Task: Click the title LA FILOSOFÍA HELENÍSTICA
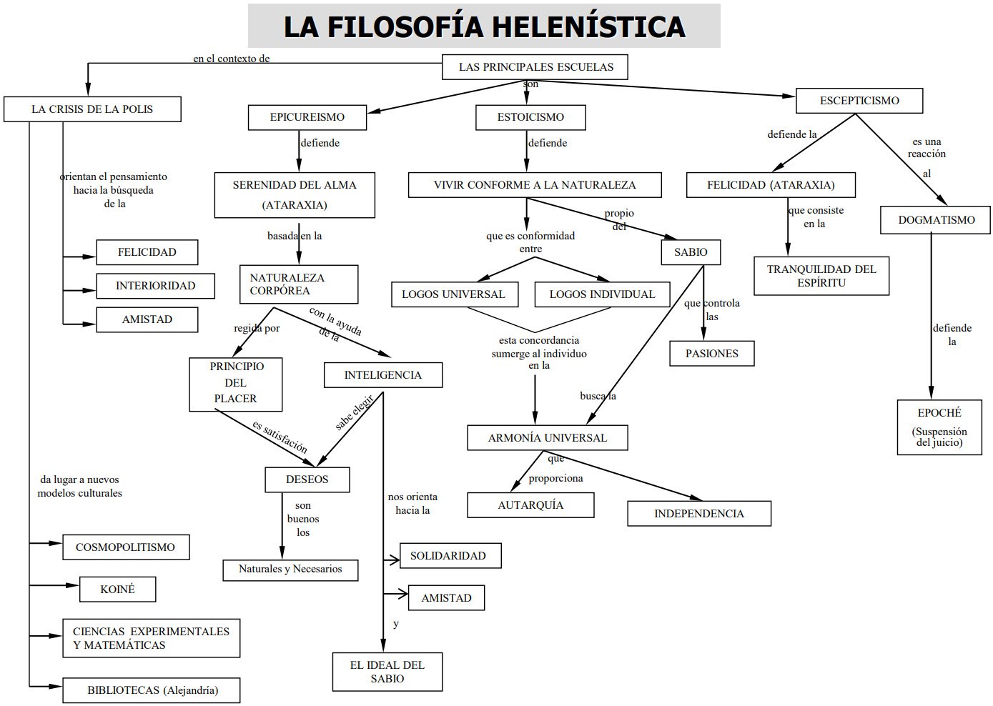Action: click(484, 26)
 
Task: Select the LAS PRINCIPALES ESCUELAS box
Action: click(535, 67)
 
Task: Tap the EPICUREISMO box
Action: click(307, 117)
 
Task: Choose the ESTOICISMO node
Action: click(530, 117)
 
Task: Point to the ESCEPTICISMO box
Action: click(859, 101)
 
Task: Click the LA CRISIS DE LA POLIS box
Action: click(92, 109)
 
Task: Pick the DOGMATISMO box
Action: click(936, 220)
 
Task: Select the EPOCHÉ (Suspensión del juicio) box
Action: click(939, 427)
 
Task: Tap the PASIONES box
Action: click(711, 354)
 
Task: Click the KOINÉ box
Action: click(117, 590)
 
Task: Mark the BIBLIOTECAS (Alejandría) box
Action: click(152, 690)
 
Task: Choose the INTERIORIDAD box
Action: click(155, 286)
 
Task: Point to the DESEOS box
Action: click(307, 479)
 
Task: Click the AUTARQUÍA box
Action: click(530, 505)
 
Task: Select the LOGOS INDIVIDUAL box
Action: click(602, 294)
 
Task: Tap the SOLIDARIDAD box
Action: click(448, 556)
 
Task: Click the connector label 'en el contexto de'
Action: click(231, 59)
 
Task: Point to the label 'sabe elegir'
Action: click(355, 413)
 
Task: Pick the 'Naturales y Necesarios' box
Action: click(290, 570)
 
